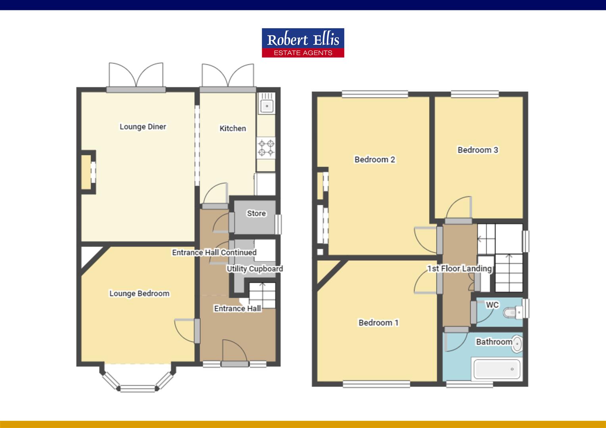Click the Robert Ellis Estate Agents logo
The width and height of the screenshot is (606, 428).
pos(303,42)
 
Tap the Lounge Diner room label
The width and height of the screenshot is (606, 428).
pos(143,127)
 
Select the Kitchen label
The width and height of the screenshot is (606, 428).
pos(233,128)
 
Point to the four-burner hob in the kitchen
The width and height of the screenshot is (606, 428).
pos(266,147)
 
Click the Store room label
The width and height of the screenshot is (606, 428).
pos(256,214)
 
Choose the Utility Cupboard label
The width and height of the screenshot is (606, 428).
pos(255,269)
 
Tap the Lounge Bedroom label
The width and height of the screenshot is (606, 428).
pos(139,294)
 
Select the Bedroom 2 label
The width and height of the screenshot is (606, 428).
pos(375,160)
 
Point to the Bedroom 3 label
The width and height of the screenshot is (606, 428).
pos(478,150)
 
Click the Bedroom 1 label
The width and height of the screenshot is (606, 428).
pos(378,323)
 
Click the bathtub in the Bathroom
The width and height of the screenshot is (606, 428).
pos(497,369)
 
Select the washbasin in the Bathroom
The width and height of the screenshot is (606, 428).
pos(516,344)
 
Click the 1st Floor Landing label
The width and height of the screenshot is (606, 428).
pos(459,269)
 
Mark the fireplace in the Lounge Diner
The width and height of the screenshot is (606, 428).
pos(88,172)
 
